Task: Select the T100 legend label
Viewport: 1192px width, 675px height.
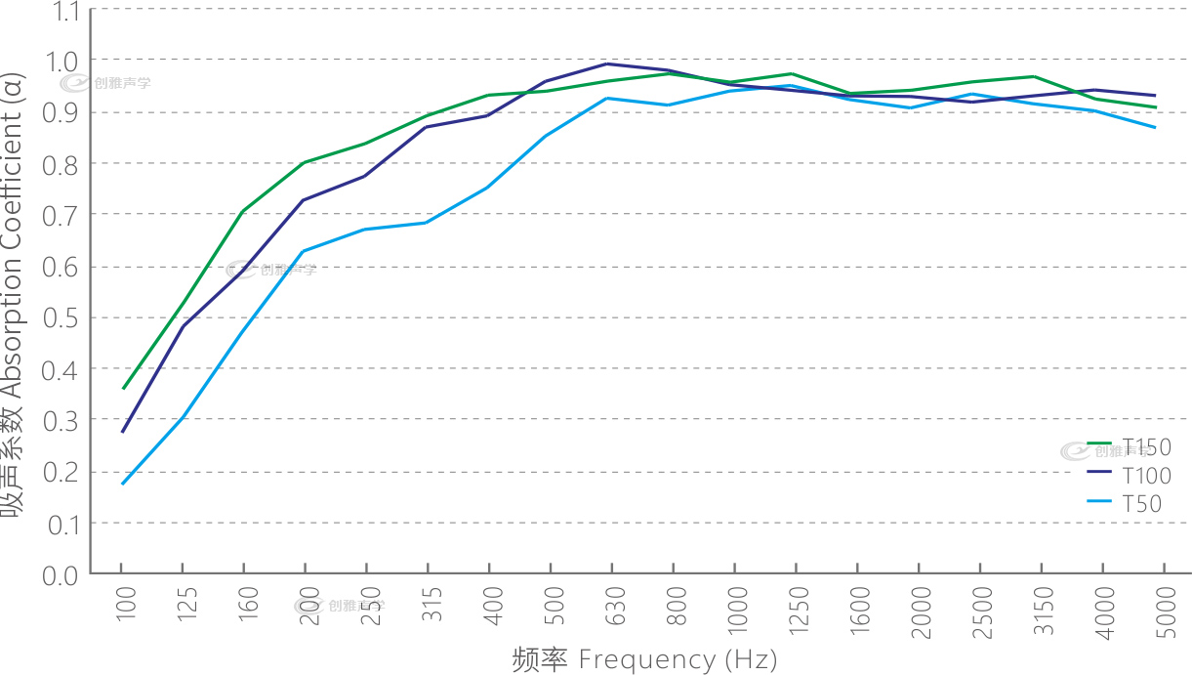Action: tap(1146, 477)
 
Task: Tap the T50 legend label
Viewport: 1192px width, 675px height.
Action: tap(1141, 505)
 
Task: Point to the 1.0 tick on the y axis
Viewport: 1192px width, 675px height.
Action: tap(63, 62)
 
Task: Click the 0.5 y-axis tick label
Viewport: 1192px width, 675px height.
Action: tap(63, 318)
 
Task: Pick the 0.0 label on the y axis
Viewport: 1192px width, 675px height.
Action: tap(63, 574)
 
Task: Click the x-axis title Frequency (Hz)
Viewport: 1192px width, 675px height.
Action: tap(644, 659)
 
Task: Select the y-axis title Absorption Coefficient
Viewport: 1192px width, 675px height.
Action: tap(15, 293)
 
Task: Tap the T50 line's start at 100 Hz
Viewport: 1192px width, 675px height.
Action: tap(122, 484)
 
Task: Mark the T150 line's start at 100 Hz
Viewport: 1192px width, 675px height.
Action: tap(122, 389)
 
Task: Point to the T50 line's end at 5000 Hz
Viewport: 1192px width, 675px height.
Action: tap(1157, 127)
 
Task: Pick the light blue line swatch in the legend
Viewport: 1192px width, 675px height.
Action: tap(1100, 500)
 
